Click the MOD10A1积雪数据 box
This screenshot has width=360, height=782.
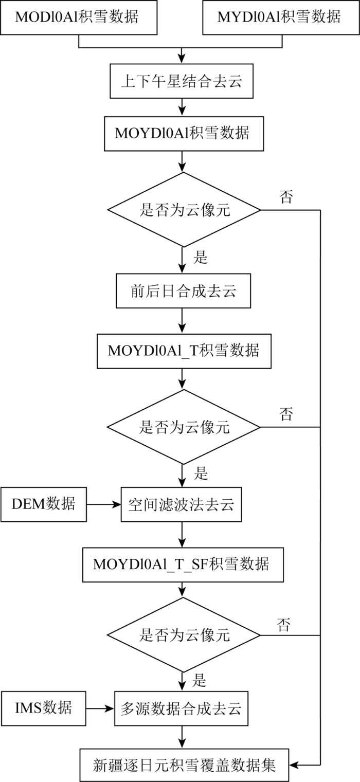click(79, 17)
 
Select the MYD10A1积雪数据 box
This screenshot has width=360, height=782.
click(281, 17)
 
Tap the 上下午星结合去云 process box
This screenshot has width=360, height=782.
click(182, 81)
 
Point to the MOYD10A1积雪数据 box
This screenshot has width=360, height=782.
click(184, 134)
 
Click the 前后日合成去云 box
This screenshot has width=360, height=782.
click(183, 291)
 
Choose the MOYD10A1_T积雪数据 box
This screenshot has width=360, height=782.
click(184, 351)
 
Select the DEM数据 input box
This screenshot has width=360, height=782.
click(44, 504)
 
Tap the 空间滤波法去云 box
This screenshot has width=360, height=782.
click(181, 504)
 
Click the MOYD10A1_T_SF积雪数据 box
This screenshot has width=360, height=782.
click(183, 565)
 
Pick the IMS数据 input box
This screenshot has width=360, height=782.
click(43, 708)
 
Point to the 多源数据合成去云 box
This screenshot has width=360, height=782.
click(181, 708)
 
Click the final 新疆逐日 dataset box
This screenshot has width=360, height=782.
click(184, 765)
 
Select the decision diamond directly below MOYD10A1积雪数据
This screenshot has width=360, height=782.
click(184, 210)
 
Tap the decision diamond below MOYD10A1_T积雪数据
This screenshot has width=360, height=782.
click(183, 427)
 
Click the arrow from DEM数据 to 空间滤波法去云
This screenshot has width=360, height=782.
click(104, 504)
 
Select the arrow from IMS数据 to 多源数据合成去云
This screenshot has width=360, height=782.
click(100, 708)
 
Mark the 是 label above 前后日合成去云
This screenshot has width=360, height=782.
click(201, 258)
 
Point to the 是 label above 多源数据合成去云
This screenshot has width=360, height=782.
click(199, 680)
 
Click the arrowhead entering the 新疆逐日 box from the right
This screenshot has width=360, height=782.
click(293, 765)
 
